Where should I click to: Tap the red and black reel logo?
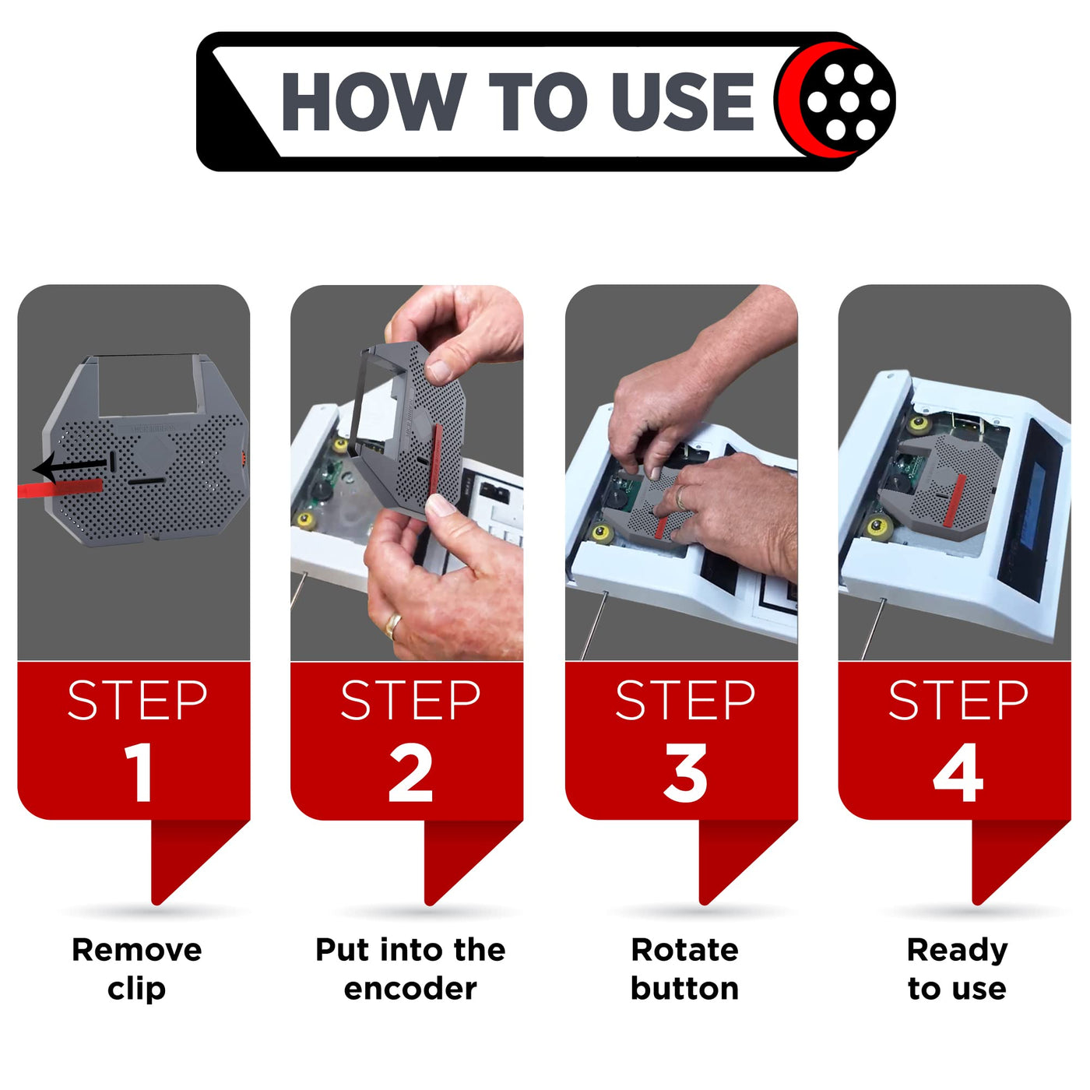[x=835, y=100]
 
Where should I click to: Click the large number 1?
[x=139, y=772]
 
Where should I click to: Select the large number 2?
[x=410, y=772]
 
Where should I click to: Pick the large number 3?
[x=686, y=772]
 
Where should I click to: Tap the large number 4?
[x=958, y=772]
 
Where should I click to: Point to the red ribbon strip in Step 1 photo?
[x=60, y=487]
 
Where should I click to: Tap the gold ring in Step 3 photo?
[x=680, y=498]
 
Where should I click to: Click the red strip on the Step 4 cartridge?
[x=956, y=499]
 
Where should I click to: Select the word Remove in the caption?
[x=137, y=950]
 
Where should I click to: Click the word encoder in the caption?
[x=410, y=989]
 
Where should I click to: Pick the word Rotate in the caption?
[x=684, y=950]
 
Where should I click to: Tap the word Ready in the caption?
[x=957, y=951]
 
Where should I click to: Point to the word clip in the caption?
[x=137, y=990]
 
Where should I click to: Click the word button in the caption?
[x=684, y=988]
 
